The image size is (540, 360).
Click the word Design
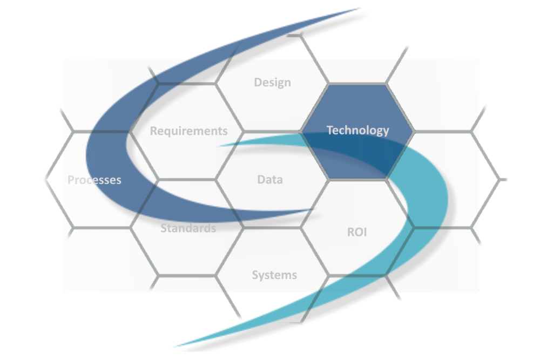pyautogui.click(x=272, y=83)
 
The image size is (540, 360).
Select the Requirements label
pyautogui.click(x=188, y=131)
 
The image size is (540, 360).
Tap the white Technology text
pyautogui.click(x=357, y=130)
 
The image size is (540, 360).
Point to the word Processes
pyautogui.click(x=94, y=180)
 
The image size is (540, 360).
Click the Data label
pyautogui.click(x=270, y=179)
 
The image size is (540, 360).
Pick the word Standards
pyautogui.click(x=188, y=228)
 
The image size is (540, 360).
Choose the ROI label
pyautogui.click(x=356, y=232)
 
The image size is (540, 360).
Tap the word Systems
pyautogui.click(x=274, y=275)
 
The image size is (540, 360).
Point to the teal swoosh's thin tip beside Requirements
pyautogui.click(x=219, y=145)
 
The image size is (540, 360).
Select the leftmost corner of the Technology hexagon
pyautogui.click(x=301, y=131)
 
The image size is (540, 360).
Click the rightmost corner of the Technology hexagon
pyautogui.click(x=414, y=131)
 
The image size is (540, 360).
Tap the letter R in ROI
pyautogui.click(x=350, y=232)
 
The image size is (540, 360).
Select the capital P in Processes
pyautogui.click(x=71, y=180)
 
